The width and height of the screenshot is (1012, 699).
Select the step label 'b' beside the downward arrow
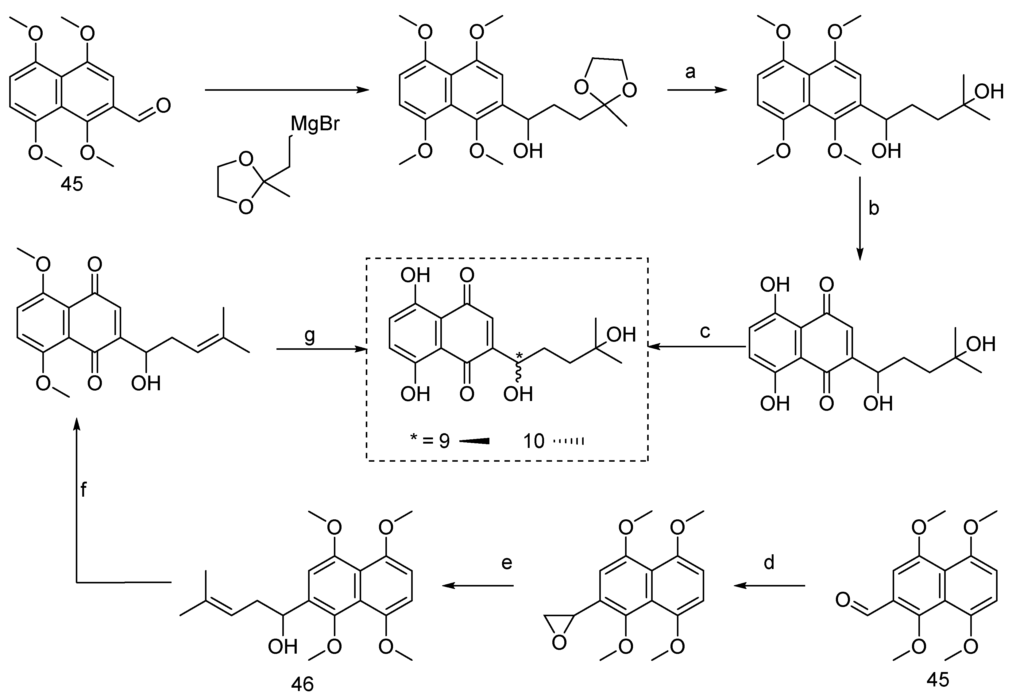(874, 209)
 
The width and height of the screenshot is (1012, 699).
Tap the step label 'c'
(705, 331)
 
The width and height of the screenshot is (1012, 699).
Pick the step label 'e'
(507, 563)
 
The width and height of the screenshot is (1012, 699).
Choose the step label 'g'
(310, 336)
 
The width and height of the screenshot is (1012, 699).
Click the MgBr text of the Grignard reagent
(315, 124)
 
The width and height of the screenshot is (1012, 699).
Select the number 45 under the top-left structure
(72, 184)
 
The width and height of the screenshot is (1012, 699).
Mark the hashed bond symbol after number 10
(569, 441)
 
